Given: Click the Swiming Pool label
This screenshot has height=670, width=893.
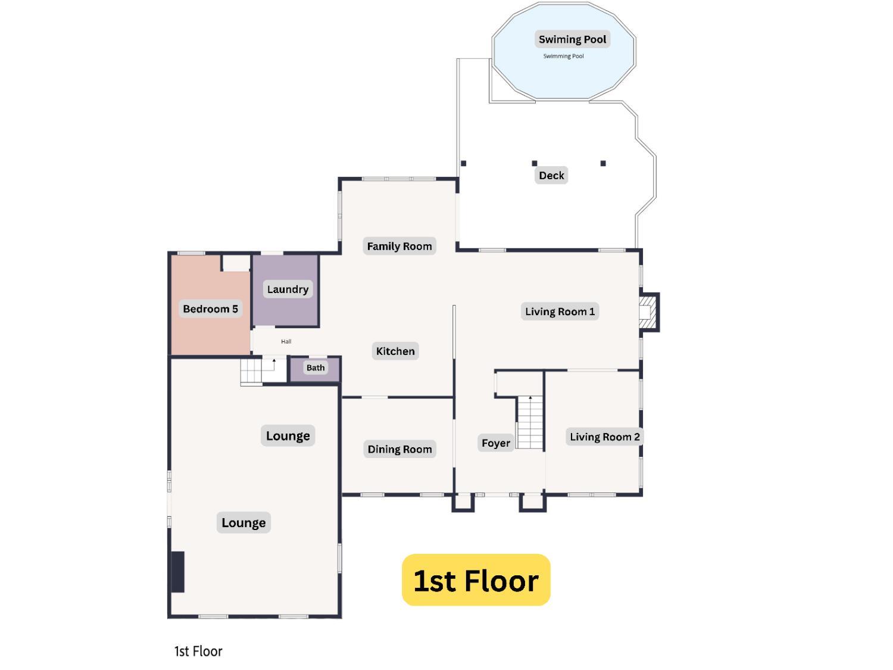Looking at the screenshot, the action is (x=572, y=39).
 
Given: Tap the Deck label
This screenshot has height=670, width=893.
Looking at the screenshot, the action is (x=551, y=175).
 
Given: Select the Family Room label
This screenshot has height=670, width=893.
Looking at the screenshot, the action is (x=399, y=246).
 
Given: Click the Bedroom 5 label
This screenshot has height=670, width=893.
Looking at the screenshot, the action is (x=210, y=308).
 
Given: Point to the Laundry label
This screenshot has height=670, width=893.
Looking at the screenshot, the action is (x=288, y=289).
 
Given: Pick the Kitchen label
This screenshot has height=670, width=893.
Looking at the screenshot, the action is (x=395, y=351).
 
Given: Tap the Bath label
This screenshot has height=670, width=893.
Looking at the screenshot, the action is (x=316, y=367).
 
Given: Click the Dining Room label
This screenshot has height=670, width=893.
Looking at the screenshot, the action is (x=399, y=449).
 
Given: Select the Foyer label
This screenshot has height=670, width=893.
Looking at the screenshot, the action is (x=495, y=442).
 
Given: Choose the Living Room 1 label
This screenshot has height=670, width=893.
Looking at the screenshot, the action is (x=560, y=311).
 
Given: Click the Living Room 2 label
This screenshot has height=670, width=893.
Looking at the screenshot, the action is (x=604, y=437).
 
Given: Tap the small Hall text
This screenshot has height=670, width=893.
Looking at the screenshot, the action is (x=286, y=341).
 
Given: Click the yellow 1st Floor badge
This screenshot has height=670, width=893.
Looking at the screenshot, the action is (x=476, y=580).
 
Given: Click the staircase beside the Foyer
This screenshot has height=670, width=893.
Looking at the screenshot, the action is (x=530, y=422).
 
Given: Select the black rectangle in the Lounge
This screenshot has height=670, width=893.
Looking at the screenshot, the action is (x=178, y=572).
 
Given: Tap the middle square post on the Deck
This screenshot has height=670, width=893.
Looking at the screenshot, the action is (x=535, y=163).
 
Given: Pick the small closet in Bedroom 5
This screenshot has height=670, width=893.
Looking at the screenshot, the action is (x=236, y=263).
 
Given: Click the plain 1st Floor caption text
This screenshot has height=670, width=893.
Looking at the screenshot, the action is (x=198, y=652).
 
